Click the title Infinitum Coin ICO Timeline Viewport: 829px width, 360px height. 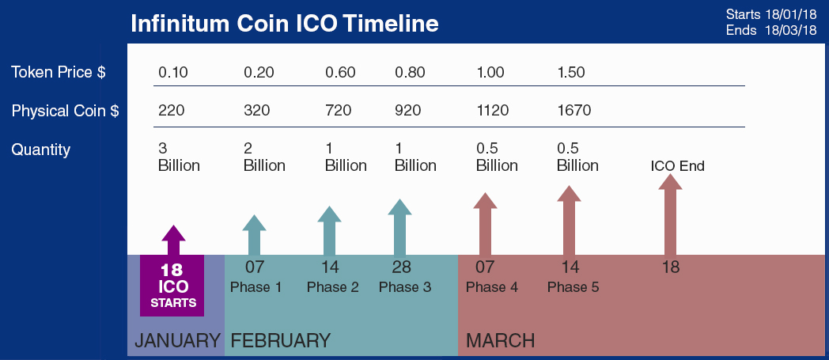coord(285,24)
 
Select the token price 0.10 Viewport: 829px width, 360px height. coord(173,73)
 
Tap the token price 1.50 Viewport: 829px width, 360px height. coord(572,73)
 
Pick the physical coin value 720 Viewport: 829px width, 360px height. coord(340,111)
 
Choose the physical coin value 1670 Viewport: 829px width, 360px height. coord(574,111)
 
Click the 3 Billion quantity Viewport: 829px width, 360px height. coord(180,157)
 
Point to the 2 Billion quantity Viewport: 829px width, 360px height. coord(264,157)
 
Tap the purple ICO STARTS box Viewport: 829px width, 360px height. coord(172,286)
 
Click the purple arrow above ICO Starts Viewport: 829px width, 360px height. coord(173,240)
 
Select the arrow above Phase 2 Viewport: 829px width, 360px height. coord(329,230)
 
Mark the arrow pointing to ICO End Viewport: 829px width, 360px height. coord(671,214)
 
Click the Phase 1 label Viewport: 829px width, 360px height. coord(256,287)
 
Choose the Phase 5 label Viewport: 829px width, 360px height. coord(573,287)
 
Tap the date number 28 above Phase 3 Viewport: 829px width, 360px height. coord(401,267)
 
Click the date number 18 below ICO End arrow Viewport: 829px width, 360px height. coord(670,267)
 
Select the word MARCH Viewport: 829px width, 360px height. coord(500,340)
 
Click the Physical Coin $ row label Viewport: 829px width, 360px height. coord(65,111)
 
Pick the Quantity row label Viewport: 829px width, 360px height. coord(40,150)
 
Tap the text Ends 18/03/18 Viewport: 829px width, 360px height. coord(771,31)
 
